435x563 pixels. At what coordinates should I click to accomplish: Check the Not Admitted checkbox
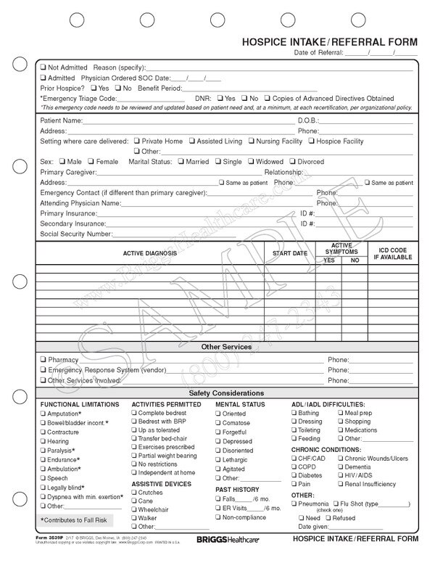pos(43,66)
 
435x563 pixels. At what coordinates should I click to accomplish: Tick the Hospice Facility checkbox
pos(312,141)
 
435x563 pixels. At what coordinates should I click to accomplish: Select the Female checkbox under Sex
pos(91,162)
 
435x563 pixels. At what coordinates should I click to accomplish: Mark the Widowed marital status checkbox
pos(251,162)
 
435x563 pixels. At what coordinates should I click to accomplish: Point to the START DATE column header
pos(289,253)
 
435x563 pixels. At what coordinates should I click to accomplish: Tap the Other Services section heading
pos(226,347)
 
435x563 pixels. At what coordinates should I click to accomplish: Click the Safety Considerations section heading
pos(226,393)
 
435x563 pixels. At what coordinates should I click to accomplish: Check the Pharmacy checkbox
pos(43,359)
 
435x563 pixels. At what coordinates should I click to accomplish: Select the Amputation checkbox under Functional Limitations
pos(43,413)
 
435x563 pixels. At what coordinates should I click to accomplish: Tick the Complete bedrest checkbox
pos(134,413)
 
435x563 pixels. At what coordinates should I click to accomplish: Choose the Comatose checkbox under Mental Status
pos(218,423)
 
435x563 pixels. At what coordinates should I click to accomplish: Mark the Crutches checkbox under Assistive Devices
pos(134,493)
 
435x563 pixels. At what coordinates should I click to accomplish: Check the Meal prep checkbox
pos(339,413)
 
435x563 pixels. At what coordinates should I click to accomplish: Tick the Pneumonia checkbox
pos(294,503)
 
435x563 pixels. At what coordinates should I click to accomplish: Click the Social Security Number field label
pos(77,234)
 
